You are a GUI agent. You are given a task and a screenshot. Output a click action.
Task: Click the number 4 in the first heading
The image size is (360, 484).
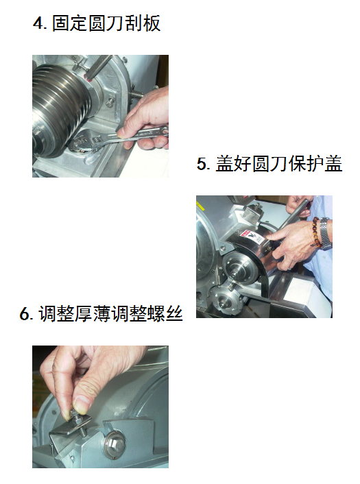point(38,23)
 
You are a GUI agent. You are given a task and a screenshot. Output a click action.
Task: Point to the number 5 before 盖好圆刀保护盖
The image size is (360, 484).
point(202,164)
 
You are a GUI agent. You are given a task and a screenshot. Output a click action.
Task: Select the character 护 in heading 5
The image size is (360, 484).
point(315,163)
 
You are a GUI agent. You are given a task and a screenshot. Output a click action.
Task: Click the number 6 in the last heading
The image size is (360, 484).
point(25,313)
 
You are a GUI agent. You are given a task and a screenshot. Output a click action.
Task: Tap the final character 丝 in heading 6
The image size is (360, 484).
point(174,313)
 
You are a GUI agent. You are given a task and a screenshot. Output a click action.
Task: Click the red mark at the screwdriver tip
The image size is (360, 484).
point(89,80)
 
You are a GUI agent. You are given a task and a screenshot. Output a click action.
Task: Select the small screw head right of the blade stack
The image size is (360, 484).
point(110,102)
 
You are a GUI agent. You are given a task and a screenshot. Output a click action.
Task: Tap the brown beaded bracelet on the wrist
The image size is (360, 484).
point(315,232)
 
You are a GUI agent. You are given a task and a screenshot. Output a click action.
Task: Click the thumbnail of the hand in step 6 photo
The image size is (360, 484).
point(82,403)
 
